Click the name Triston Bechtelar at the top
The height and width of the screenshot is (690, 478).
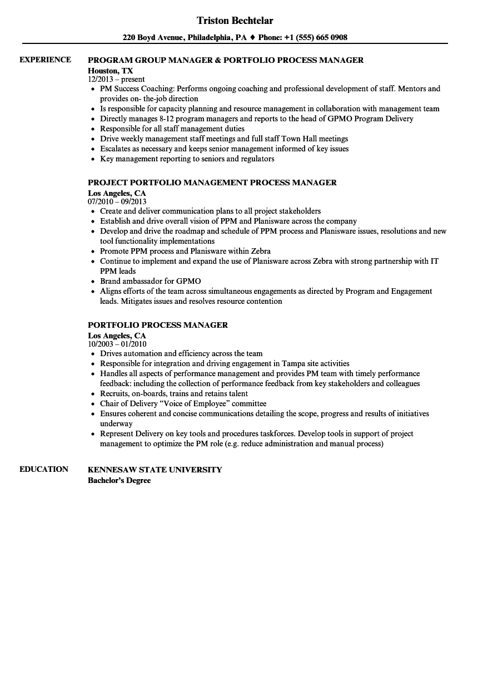pos(235,21)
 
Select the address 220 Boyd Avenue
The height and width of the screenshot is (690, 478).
pos(152,38)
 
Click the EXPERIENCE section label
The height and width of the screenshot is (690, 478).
pos(45,60)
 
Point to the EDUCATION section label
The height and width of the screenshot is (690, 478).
pos(43,469)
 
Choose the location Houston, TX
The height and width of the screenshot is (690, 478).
pos(110,71)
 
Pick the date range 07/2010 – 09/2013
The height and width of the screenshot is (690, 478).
pos(117,201)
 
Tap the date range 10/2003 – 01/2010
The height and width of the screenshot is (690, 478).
pos(117,344)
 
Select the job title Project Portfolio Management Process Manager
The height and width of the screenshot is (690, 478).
pos(212,183)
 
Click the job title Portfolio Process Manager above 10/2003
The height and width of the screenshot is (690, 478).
pos(158,325)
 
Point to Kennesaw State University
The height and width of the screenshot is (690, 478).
pos(155,470)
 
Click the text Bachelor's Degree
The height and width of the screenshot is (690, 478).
pos(119,480)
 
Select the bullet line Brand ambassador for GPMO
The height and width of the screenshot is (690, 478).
pos(150,281)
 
